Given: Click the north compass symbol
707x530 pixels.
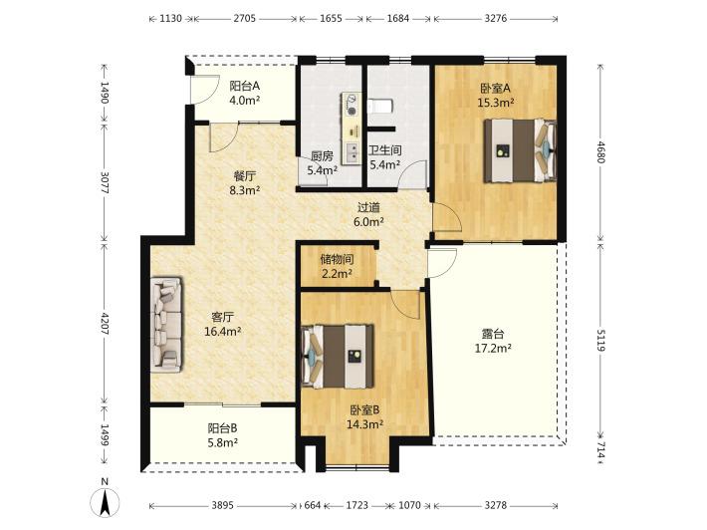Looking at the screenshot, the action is (106, 502).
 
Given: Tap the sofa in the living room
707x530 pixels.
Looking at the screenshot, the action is (167, 325).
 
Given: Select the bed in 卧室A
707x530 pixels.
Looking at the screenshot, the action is (520, 150).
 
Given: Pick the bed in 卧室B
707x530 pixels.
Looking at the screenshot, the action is (338, 356).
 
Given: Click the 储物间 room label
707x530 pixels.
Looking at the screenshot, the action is (337, 259).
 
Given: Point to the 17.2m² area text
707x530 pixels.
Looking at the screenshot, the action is (493, 349).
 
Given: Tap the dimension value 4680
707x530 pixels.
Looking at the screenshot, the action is (601, 152).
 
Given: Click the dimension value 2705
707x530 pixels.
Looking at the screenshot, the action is (245, 19).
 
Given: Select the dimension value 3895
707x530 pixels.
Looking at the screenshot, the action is (223, 505).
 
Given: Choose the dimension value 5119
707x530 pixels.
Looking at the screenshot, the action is (601, 339).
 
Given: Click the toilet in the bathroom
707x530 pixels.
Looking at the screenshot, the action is (380, 107).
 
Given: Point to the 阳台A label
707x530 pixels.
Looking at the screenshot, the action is (245, 86).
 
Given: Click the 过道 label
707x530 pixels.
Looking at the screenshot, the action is (368, 207).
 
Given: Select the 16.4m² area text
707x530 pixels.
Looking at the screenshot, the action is (223, 332).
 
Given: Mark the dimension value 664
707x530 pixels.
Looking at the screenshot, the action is (312, 505).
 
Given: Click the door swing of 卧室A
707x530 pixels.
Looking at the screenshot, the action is (446, 217).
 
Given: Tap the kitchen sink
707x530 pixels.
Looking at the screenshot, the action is (352, 152).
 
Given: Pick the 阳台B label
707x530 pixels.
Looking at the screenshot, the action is (223, 427).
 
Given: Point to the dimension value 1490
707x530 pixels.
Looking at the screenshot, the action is (105, 93).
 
